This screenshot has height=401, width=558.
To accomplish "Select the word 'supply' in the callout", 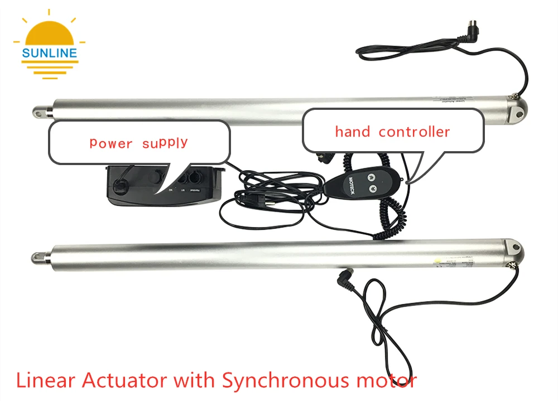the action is pyautogui.click(x=165, y=143).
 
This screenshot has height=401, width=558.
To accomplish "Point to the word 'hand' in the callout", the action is pyautogui.click(x=353, y=132).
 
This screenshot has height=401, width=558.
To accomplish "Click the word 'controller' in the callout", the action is pyautogui.click(x=414, y=132).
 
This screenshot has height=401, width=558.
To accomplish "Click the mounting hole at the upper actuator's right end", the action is pyautogui.click(x=519, y=113).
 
